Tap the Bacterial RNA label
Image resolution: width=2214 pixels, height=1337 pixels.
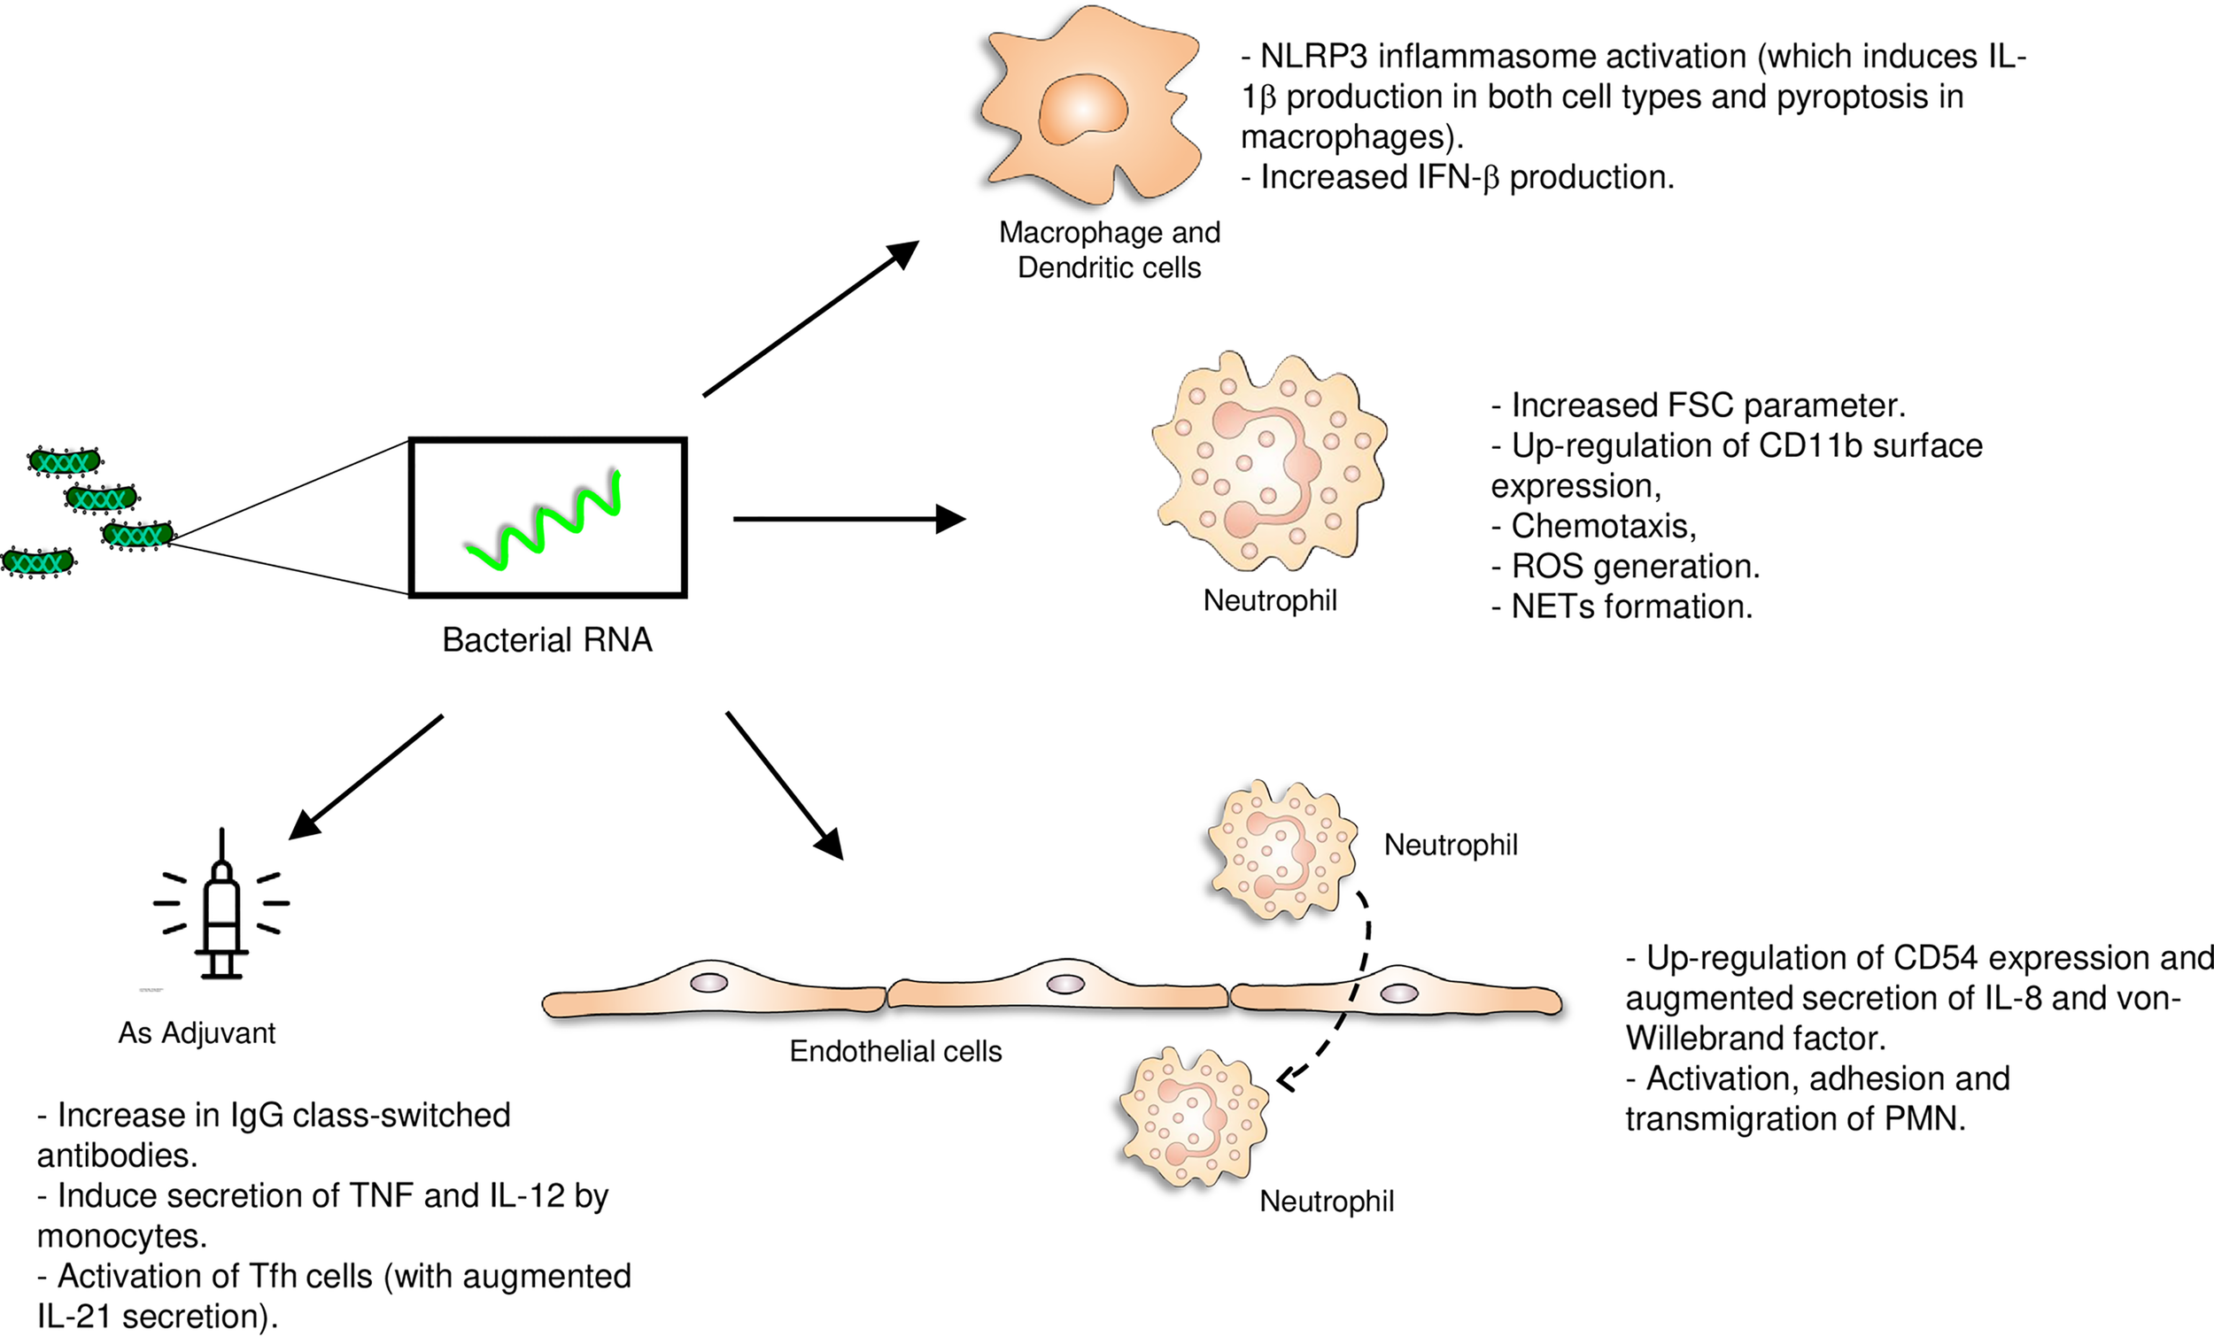tap(546, 640)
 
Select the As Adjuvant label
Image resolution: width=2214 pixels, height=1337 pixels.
tap(197, 1033)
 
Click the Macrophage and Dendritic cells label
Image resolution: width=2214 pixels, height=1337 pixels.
tap(1109, 250)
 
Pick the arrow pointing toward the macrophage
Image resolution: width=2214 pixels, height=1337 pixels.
tap(809, 319)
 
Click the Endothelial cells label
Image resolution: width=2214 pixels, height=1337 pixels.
tap(895, 1051)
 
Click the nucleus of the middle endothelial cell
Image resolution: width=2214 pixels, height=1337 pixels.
tap(1065, 984)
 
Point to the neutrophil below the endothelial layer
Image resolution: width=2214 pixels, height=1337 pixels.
tap(1193, 1118)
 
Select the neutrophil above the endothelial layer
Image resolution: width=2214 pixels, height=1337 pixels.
tap(1281, 850)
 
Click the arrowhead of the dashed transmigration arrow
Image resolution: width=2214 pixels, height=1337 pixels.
tap(1287, 1079)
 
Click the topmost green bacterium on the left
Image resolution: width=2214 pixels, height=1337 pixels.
tap(64, 462)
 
